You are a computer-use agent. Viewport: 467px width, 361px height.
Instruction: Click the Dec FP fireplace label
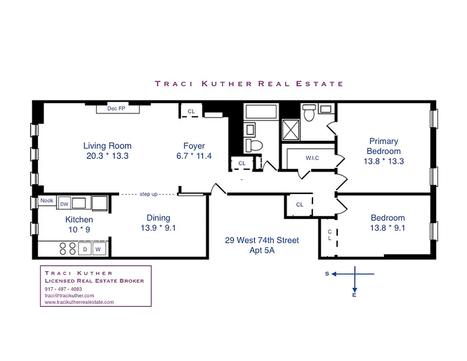(116, 109)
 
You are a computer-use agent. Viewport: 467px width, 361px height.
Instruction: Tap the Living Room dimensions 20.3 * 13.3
(107, 156)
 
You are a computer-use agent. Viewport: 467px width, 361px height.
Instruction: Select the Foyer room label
(194, 146)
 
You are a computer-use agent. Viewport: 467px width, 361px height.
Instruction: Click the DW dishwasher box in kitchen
(64, 204)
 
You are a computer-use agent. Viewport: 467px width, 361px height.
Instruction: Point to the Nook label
(47, 200)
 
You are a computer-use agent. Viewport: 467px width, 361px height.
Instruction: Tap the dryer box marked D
(84, 249)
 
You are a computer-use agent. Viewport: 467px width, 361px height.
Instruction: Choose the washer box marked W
(97, 249)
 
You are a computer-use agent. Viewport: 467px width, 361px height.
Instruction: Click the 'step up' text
(148, 194)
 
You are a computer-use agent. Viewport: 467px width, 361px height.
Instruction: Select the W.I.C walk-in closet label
(313, 158)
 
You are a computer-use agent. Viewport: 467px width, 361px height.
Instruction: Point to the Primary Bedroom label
(384, 146)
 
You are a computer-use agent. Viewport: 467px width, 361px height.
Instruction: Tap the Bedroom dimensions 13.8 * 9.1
(388, 228)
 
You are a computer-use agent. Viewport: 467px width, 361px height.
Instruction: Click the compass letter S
(327, 274)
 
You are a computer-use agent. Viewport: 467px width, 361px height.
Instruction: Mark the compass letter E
(354, 295)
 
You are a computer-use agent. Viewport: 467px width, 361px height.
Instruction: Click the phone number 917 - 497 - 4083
(64, 289)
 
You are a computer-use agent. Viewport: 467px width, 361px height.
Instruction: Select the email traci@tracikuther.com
(69, 296)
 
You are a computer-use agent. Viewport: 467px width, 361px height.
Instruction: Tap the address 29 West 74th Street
(262, 241)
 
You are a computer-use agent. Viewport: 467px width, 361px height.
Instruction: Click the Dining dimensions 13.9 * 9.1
(158, 228)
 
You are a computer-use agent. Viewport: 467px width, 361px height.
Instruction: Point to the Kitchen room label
(79, 220)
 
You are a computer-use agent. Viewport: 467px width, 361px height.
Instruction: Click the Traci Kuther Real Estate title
(249, 83)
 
